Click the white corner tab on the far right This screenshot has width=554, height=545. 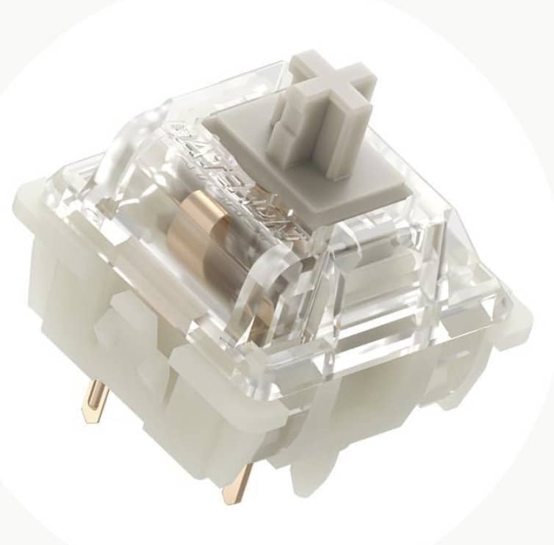(518, 323)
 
